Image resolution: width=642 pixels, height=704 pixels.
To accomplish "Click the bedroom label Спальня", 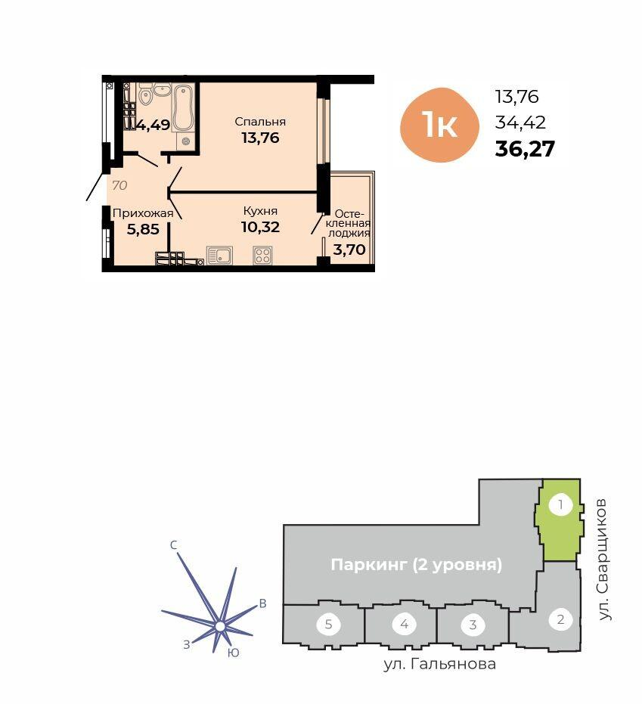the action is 260,121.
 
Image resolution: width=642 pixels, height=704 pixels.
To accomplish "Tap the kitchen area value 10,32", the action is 260,227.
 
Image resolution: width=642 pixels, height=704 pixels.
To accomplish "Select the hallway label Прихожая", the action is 143,212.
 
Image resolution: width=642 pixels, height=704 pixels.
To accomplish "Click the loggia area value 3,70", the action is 349,250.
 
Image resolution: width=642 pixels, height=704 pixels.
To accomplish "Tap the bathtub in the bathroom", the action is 183,107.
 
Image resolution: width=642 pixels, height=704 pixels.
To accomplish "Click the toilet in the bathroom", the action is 145,95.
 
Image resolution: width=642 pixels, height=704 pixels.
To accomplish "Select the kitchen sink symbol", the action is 219,255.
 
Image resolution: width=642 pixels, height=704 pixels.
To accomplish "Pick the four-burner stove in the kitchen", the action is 262,256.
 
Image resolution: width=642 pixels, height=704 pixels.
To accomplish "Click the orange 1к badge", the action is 439,125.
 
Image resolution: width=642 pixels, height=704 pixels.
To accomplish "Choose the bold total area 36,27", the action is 525,149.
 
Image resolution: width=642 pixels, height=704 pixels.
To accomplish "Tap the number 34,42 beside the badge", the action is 520,123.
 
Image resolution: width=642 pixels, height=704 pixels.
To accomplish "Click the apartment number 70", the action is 119,185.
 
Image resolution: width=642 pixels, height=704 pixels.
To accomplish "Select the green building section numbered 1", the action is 559,520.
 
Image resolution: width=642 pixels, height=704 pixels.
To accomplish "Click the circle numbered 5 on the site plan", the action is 329,624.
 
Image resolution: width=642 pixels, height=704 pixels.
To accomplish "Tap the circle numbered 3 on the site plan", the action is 473,624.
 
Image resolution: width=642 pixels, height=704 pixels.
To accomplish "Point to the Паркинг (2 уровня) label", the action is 416,564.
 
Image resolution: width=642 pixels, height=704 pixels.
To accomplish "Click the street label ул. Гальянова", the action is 440,664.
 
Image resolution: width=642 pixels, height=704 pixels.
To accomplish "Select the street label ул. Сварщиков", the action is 604,560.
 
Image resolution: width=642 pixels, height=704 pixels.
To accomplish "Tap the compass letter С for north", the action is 174,544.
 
